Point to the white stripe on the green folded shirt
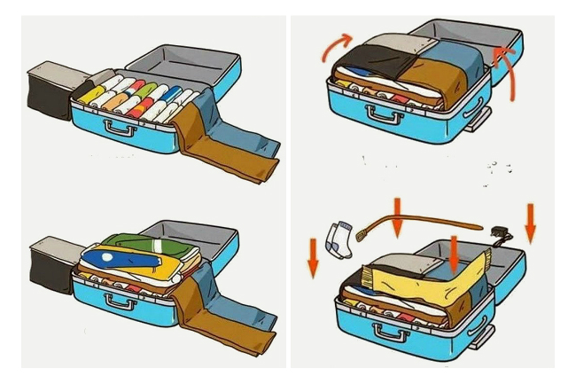pos(156,242)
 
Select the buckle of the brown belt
pos(362,234)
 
